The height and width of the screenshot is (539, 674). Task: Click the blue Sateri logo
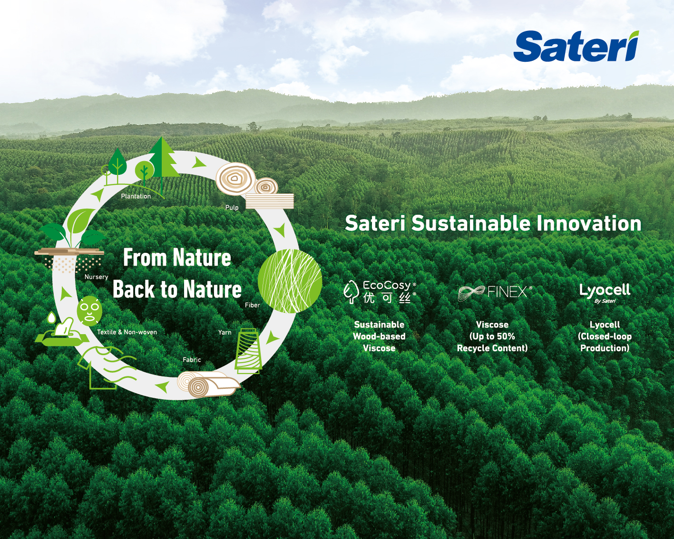[576, 46]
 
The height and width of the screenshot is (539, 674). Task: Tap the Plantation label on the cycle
[136, 196]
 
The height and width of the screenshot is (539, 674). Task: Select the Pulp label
[232, 208]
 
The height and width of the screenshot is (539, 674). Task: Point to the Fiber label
[253, 305]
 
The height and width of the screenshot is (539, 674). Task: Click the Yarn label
[225, 332]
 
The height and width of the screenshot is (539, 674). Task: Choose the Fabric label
[192, 360]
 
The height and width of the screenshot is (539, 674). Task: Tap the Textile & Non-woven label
[127, 332]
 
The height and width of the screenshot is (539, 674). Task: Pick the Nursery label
[96, 277]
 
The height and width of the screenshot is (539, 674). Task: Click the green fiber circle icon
[290, 281]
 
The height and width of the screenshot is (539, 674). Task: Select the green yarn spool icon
[248, 351]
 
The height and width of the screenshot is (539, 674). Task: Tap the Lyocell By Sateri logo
[605, 293]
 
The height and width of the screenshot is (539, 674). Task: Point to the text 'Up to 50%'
[492, 337]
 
